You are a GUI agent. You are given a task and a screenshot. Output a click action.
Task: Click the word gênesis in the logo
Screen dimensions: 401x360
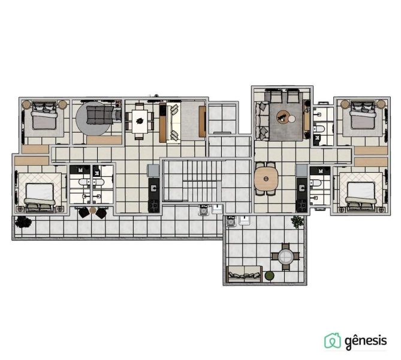click(366, 341)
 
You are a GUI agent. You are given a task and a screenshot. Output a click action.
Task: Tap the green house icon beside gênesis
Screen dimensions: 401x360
click(333, 341)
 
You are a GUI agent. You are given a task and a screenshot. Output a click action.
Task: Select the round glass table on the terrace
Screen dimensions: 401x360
click(285, 256)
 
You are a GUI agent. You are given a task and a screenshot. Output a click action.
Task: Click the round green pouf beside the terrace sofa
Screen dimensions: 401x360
click(269, 276)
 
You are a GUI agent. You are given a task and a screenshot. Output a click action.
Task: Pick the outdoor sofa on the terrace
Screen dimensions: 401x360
click(245, 274)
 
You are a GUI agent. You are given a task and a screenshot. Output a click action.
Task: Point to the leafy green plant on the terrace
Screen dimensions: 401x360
click(297, 221)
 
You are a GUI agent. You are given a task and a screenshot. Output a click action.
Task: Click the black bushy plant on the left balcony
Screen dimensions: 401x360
click(23, 222)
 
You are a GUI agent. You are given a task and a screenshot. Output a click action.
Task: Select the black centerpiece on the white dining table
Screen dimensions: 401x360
click(140, 121)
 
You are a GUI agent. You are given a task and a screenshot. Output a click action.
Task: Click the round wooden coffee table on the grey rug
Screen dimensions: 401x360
click(283, 117)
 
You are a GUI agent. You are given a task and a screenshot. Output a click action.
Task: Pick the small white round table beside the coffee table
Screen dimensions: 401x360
click(292, 119)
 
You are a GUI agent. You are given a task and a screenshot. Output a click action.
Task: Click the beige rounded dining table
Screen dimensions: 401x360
click(266, 179)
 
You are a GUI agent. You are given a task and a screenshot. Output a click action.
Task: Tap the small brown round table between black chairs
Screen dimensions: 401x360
click(92, 211)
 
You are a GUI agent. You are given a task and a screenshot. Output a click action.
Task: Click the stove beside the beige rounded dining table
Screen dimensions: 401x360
click(301, 206)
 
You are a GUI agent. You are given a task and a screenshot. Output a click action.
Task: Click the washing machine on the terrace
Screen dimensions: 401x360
click(231, 221)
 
